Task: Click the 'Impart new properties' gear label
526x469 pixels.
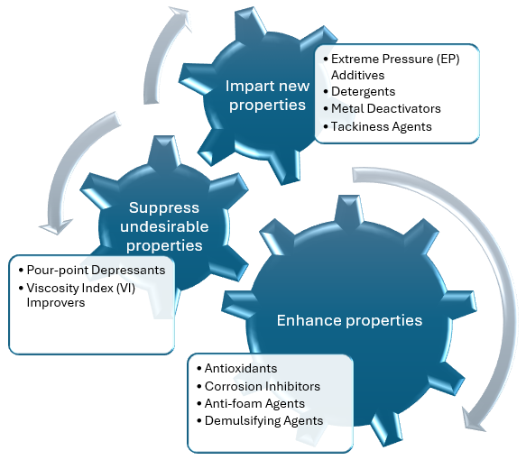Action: click(266, 96)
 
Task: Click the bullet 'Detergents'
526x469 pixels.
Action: click(364, 92)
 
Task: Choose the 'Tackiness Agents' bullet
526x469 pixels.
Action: click(382, 126)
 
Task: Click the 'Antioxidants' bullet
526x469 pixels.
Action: click(241, 369)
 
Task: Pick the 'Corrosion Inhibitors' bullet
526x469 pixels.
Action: click(263, 386)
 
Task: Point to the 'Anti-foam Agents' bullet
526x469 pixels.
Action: click(255, 403)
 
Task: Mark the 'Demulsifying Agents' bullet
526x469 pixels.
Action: click(264, 420)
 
